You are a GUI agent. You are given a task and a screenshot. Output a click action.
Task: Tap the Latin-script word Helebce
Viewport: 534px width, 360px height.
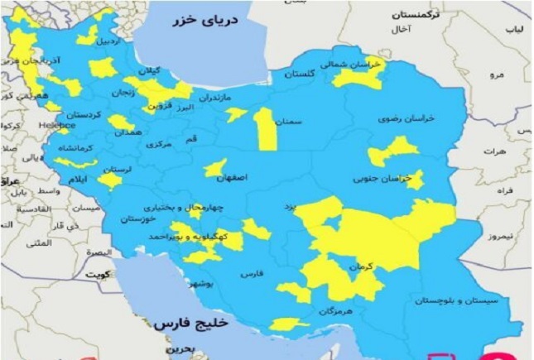point(57,125)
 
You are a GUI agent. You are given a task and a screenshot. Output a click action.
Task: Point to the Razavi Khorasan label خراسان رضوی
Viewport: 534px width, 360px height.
point(401,118)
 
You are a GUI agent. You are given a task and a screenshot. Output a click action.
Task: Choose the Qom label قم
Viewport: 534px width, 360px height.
point(191,138)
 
